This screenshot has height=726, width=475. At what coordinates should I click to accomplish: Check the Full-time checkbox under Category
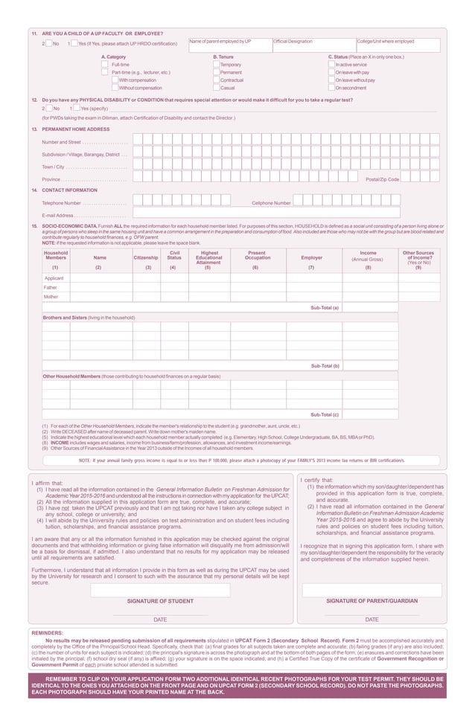(x=105, y=65)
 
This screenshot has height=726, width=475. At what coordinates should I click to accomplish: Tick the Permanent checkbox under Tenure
(x=216, y=72)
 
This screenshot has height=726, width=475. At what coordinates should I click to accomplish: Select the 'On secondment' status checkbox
(x=331, y=88)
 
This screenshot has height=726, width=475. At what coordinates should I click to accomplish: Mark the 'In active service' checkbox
(x=331, y=65)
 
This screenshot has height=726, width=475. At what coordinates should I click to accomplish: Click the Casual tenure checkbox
(x=216, y=88)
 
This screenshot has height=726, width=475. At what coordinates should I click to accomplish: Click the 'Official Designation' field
(x=313, y=46)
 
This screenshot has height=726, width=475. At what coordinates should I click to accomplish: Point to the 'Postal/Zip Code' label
(x=382, y=179)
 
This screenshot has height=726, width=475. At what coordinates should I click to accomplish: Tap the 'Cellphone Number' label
(x=271, y=202)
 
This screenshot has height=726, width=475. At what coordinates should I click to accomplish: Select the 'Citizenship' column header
(x=146, y=257)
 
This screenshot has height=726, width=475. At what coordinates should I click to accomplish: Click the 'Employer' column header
(x=312, y=257)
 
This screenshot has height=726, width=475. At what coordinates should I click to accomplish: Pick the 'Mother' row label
(x=51, y=297)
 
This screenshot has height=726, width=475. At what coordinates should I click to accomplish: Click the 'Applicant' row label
(x=54, y=277)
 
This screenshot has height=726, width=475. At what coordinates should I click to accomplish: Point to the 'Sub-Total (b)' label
(x=325, y=366)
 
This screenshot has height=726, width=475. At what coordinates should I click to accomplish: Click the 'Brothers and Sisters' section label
(x=89, y=317)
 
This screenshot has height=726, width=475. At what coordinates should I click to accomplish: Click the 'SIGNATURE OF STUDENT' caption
(x=160, y=600)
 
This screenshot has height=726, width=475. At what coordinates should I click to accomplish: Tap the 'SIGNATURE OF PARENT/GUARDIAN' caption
(x=372, y=600)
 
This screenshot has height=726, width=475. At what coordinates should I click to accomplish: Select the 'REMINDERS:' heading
(x=47, y=633)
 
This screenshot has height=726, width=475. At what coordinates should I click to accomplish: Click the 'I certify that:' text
(x=317, y=481)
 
